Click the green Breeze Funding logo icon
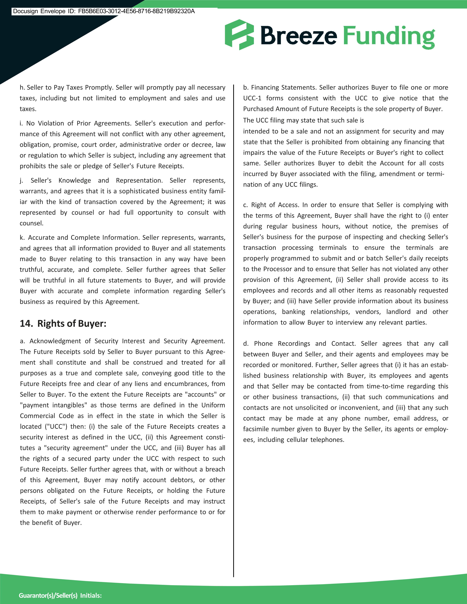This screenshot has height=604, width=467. click(x=239, y=35)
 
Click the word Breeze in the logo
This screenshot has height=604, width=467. click(x=299, y=35)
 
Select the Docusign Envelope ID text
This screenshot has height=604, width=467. click(x=104, y=11)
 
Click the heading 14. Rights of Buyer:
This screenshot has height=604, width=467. click(x=63, y=323)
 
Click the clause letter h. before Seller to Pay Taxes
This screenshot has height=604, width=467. click(x=22, y=88)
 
